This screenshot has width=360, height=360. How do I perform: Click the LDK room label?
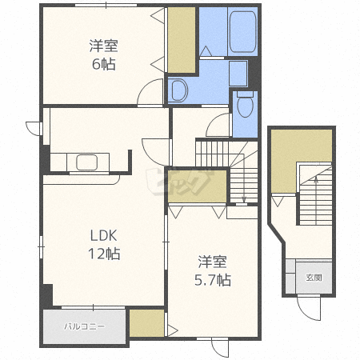click(103, 235)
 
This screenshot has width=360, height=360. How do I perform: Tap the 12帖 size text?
click(104, 254)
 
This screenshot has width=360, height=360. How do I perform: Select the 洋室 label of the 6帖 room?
click(104, 46)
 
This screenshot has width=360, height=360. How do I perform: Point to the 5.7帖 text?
click(213, 280)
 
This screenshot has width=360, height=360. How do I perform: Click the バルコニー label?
click(84, 326)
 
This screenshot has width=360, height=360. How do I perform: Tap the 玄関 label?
click(314, 278)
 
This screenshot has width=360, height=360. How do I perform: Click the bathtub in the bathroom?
click(242, 31)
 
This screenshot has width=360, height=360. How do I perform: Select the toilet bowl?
click(245, 106)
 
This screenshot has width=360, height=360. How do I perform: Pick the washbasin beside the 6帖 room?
click(178, 90)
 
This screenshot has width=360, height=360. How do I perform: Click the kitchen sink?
click(86, 162)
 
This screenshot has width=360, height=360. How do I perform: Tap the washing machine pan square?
click(238, 74)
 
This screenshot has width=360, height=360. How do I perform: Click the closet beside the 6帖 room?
click(182, 40)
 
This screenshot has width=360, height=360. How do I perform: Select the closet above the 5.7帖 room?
click(197, 186)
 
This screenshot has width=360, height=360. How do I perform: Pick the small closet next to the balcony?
click(146, 323)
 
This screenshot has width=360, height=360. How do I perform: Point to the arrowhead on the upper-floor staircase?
click(244, 199)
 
